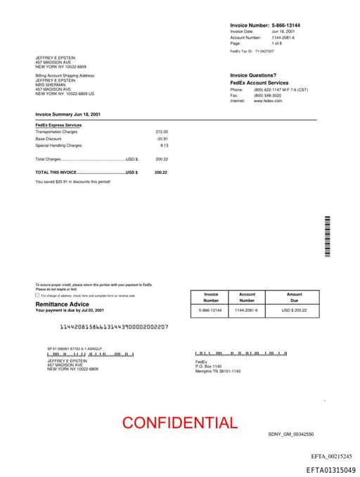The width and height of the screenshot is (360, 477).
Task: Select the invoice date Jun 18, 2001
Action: click(283, 32)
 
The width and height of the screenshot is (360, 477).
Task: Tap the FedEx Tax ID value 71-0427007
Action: click(264, 51)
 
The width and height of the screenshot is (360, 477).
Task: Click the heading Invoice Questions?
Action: click(253, 75)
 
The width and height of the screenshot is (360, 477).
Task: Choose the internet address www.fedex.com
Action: click(268, 101)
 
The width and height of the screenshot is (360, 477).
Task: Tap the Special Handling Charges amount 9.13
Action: click(164, 146)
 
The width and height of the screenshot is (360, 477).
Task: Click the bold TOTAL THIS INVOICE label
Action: click(56, 172)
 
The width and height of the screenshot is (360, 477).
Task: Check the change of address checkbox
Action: click(37, 295)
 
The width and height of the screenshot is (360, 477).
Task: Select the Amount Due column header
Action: click(294, 298)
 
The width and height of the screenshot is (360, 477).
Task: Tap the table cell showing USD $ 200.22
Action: click(294, 310)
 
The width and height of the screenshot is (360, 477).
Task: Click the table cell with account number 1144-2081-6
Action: click(246, 310)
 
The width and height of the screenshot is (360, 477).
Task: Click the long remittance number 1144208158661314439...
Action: click(114, 327)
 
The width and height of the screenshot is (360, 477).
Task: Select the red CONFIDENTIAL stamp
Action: click(179, 423)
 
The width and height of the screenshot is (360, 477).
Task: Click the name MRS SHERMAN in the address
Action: click(49, 87)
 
